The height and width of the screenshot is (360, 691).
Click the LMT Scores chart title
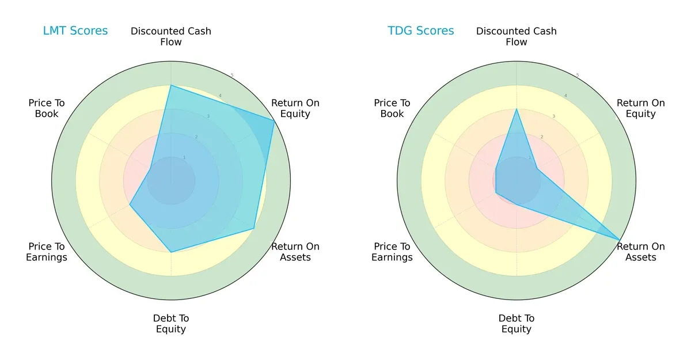75,31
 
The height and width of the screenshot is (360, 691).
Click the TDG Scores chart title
421,31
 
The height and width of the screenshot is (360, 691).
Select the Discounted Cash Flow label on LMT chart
171,36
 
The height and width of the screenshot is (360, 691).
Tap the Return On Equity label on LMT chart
295,108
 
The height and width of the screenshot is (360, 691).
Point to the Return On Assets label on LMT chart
295,252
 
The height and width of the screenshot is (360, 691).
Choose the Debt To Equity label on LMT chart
171,324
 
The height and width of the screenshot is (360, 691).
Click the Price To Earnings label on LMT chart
47,252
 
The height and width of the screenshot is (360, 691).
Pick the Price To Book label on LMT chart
47,108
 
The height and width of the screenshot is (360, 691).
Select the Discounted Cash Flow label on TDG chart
517,36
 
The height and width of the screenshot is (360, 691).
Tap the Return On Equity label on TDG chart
640,108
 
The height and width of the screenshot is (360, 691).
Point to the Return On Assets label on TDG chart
640,252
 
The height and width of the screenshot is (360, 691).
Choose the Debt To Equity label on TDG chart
517,324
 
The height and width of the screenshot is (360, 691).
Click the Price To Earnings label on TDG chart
392,252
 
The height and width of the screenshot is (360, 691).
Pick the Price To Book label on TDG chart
392,108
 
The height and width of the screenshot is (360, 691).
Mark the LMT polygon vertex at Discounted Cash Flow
171,85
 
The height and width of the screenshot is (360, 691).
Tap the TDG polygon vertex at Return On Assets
620,240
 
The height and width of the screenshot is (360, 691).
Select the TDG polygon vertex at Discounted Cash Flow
517,109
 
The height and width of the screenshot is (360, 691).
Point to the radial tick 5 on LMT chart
232,75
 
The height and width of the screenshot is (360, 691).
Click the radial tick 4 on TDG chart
565,96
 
